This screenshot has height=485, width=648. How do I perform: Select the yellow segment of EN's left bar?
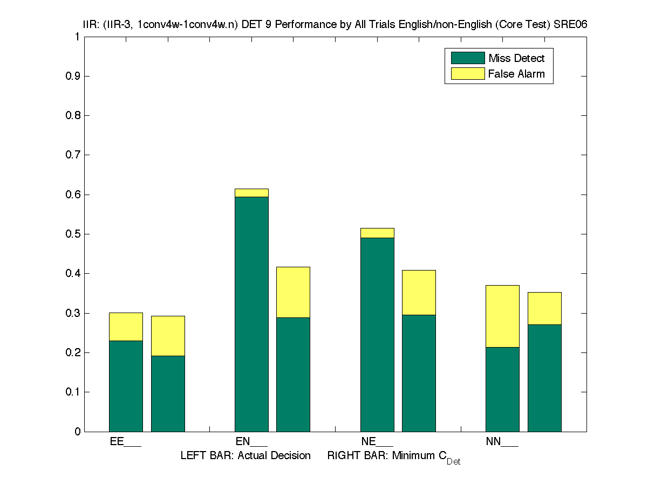click(x=251, y=193)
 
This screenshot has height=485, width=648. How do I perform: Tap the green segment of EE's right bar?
click(x=168, y=393)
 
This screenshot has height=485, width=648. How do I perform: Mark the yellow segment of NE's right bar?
click(x=419, y=292)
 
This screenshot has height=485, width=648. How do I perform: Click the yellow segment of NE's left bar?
click(x=377, y=233)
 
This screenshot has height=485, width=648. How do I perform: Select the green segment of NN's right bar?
click(x=544, y=378)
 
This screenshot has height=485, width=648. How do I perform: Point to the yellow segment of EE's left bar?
click(x=126, y=327)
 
